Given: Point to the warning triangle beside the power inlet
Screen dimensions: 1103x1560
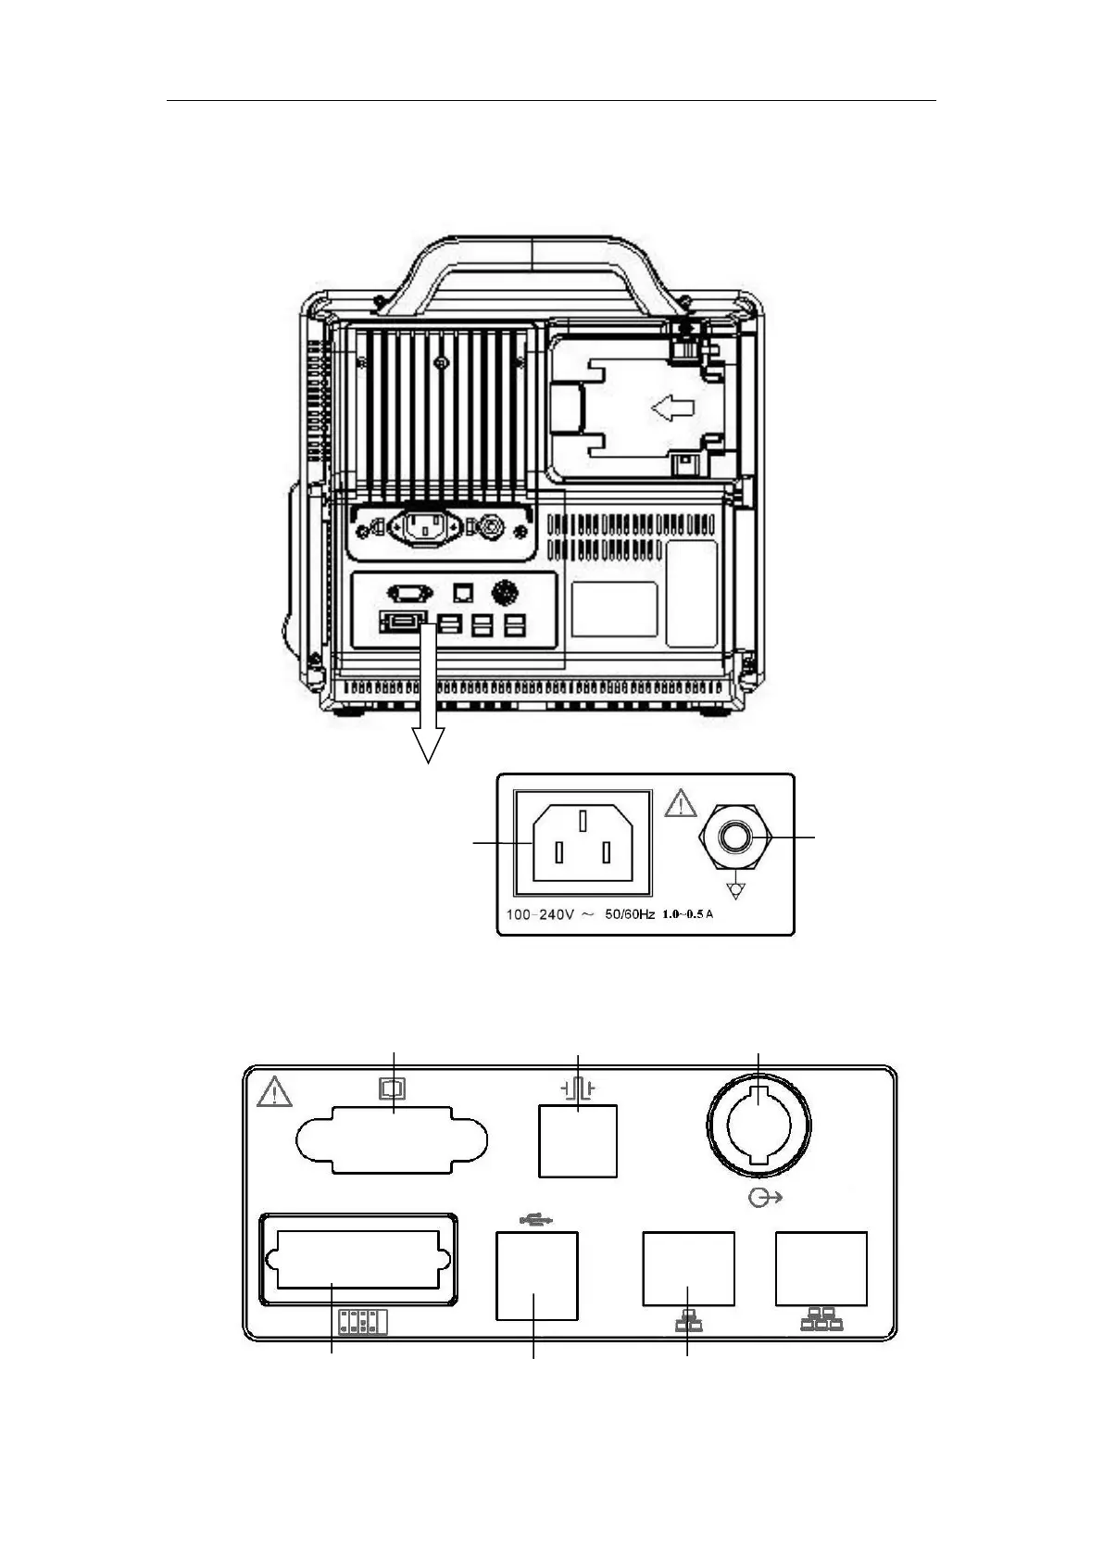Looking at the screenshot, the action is coord(681,803).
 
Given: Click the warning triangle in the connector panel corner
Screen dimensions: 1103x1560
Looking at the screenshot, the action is coord(274,1093).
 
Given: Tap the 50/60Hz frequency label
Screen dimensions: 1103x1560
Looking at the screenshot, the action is coord(630,915).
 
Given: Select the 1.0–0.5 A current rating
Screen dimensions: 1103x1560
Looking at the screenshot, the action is coord(688,915).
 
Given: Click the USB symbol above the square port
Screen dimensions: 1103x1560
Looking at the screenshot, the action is coord(536,1220).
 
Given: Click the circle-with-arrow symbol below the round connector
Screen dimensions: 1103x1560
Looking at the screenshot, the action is coord(764,1199).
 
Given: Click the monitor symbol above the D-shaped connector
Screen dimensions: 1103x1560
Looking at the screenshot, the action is coord(393,1088).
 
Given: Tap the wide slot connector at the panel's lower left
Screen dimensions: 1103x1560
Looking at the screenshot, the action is coord(357,1260).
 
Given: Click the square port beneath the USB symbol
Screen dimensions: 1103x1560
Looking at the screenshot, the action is coord(537,1276).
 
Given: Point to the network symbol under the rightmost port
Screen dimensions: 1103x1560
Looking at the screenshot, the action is coord(821,1321).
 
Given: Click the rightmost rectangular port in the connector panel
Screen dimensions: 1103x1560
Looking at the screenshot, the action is coord(821,1268).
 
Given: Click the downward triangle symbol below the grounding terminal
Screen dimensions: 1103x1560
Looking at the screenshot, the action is coord(736,891).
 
